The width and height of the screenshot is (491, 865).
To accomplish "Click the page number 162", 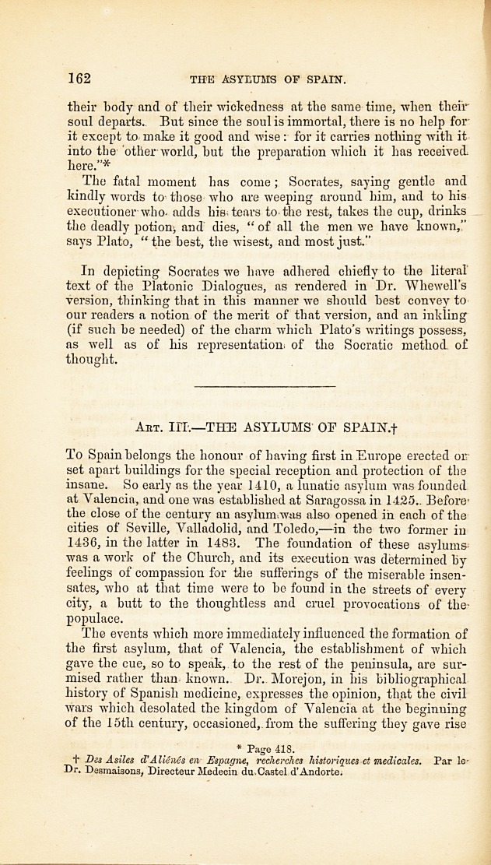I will tap(80, 78).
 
